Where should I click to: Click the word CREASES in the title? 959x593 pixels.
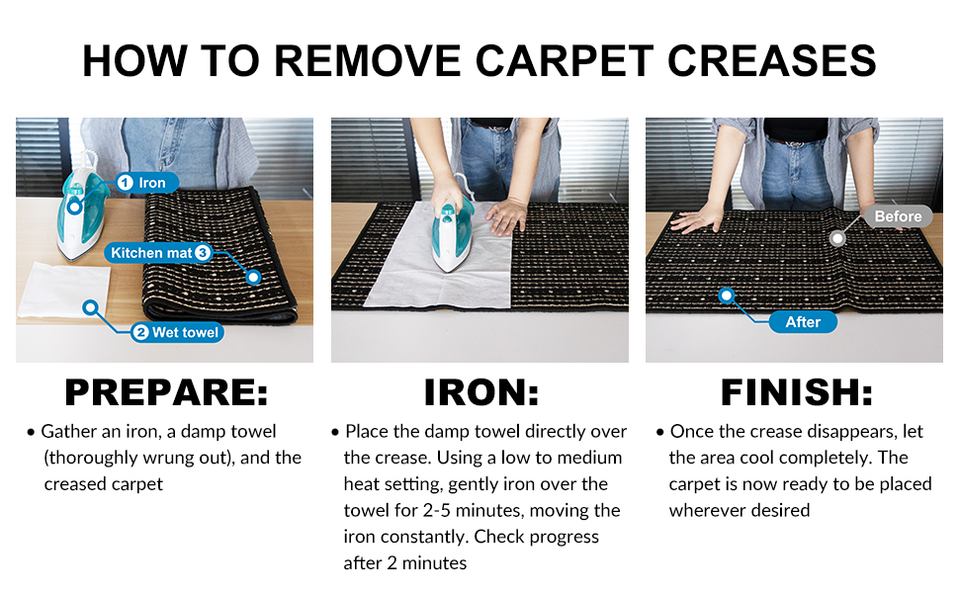pyautogui.click(x=772, y=61)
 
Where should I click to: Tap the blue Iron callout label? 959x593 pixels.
pyautogui.click(x=146, y=182)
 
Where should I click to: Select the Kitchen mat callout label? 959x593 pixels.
pyautogui.click(x=158, y=252)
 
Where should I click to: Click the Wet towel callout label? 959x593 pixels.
pyautogui.click(x=177, y=332)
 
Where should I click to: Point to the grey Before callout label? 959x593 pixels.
pyautogui.click(x=898, y=215)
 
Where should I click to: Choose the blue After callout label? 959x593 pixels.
pyautogui.click(x=803, y=321)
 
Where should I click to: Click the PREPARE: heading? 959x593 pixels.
pyautogui.click(x=166, y=392)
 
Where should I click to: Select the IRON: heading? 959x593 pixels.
pyautogui.click(x=480, y=392)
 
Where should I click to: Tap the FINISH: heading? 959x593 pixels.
pyautogui.click(x=796, y=392)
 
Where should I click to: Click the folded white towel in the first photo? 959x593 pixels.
pyautogui.click(x=64, y=290)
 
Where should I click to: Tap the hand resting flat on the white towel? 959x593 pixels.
pyautogui.click(x=506, y=215)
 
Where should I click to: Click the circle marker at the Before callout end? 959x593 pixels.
pyautogui.click(x=837, y=238)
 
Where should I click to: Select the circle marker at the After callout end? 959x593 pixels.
pyautogui.click(x=726, y=296)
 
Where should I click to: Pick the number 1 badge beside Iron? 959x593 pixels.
pyautogui.click(x=125, y=182)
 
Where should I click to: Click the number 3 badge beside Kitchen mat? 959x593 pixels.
pyautogui.click(x=203, y=252)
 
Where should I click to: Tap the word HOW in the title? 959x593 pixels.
pyautogui.click(x=134, y=61)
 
